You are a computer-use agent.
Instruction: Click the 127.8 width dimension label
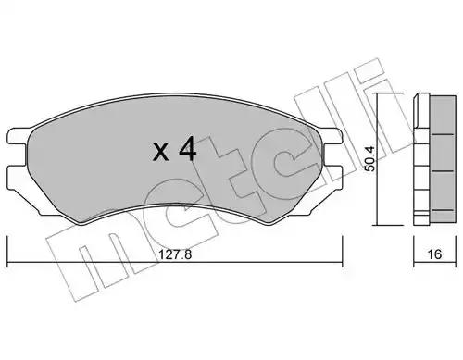coord(175,254)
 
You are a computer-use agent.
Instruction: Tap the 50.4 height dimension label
coord(369,158)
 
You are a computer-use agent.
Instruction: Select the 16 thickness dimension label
coord(434,254)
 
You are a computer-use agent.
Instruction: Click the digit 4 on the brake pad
coord(188,149)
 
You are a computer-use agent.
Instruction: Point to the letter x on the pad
coord(161,152)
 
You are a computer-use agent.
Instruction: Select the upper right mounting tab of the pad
coord(332,135)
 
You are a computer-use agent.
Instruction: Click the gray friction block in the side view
coord(443,158)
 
